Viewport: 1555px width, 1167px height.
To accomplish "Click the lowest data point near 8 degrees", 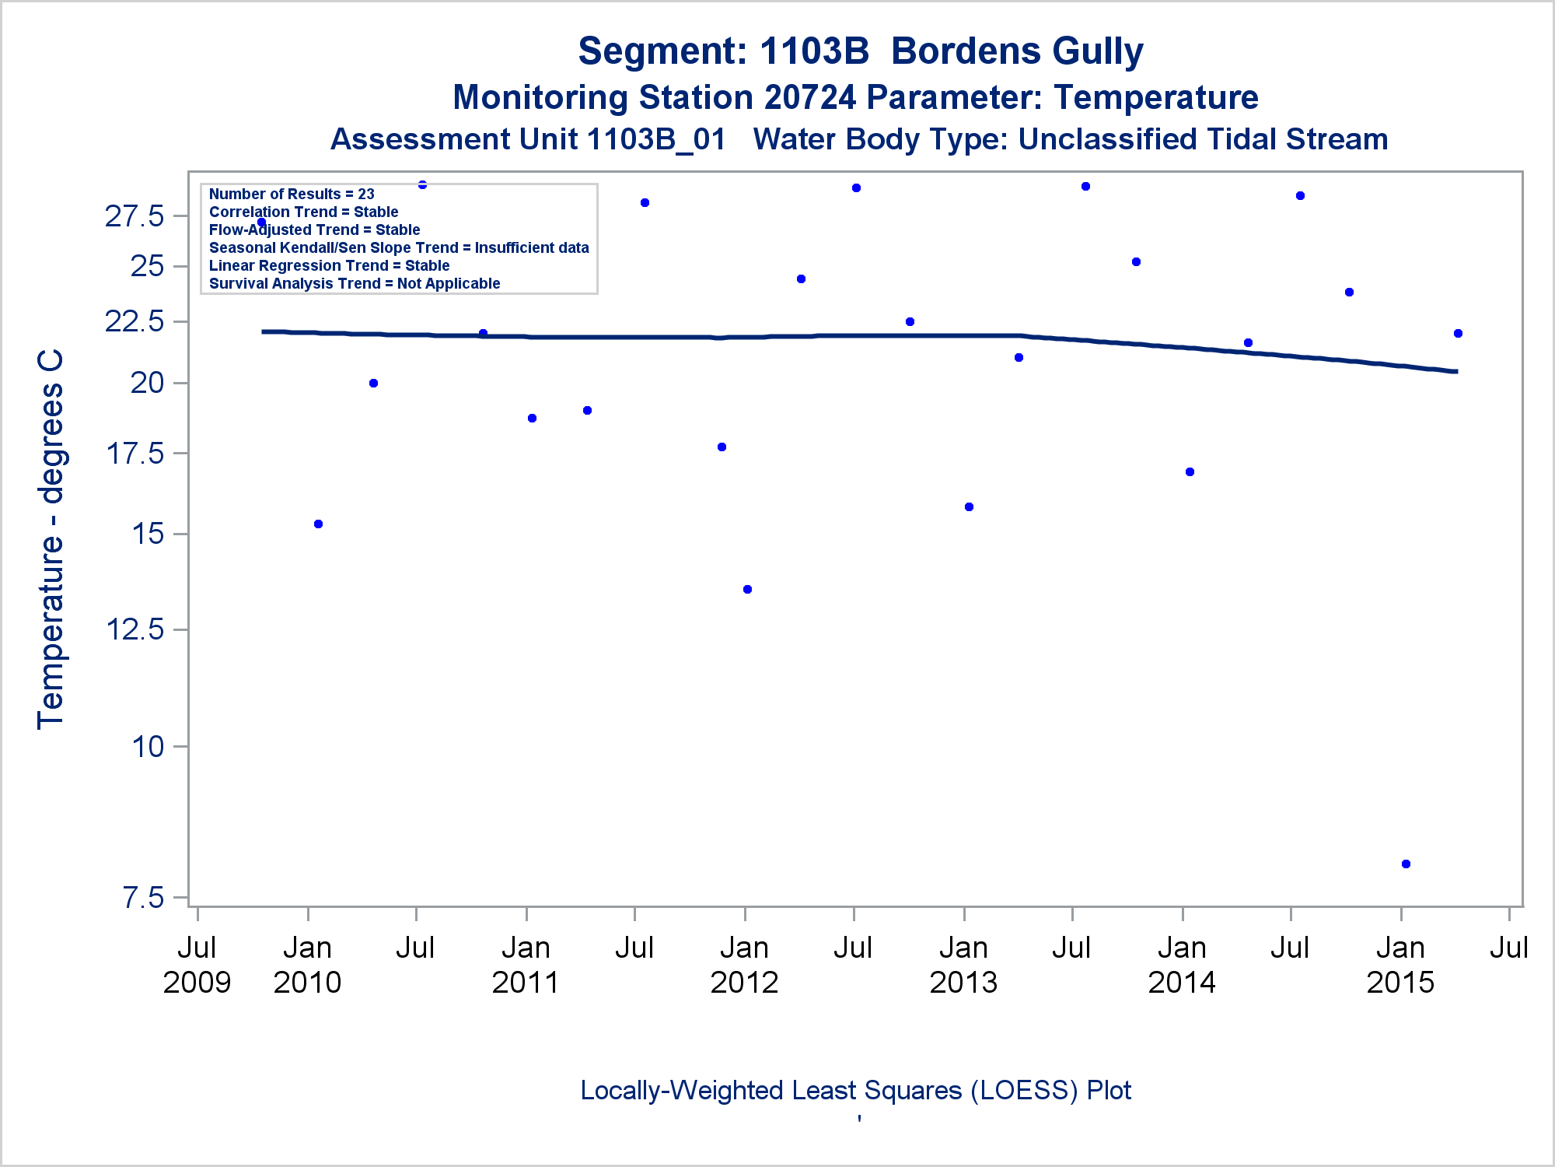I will pyautogui.click(x=1406, y=864).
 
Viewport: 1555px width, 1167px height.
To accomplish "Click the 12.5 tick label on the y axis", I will pyautogui.click(x=135, y=629).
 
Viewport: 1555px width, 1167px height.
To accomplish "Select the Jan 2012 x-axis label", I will pyautogui.click(x=744, y=965).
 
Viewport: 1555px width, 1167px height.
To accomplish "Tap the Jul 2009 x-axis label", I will pyautogui.click(x=197, y=965).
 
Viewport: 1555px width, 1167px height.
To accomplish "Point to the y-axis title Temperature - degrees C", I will pyautogui.click(x=51, y=539).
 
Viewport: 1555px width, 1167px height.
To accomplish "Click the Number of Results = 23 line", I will pyautogui.click(x=292, y=194).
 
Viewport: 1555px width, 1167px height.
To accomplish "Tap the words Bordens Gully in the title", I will pyautogui.click(x=1017, y=51).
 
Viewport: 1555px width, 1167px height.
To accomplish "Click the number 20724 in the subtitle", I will pyautogui.click(x=810, y=98).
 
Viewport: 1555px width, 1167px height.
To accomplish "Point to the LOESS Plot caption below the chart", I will pyautogui.click(x=855, y=1091).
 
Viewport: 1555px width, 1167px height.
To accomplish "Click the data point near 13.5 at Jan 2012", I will pyautogui.click(x=747, y=589).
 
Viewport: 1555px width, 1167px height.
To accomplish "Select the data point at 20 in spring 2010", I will pyautogui.click(x=373, y=383).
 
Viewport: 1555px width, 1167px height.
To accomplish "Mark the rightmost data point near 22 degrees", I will pyautogui.click(x=1458, y=333).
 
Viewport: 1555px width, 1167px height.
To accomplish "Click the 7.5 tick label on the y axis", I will pyautogui.click(x=144, y=898).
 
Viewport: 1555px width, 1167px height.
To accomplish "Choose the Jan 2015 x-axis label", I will pyautogui.click(x=1400, y=965).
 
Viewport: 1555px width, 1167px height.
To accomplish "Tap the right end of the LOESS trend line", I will pyautogui.click(x=1455, y=371).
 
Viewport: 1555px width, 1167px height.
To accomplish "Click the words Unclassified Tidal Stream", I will pyautogui.click(x=1203, y=139).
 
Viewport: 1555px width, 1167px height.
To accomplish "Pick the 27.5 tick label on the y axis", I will pyautogui.click(x=135, y=216).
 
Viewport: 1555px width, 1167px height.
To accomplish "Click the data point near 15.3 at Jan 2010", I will pyautogui.click(x=318, y=524).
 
